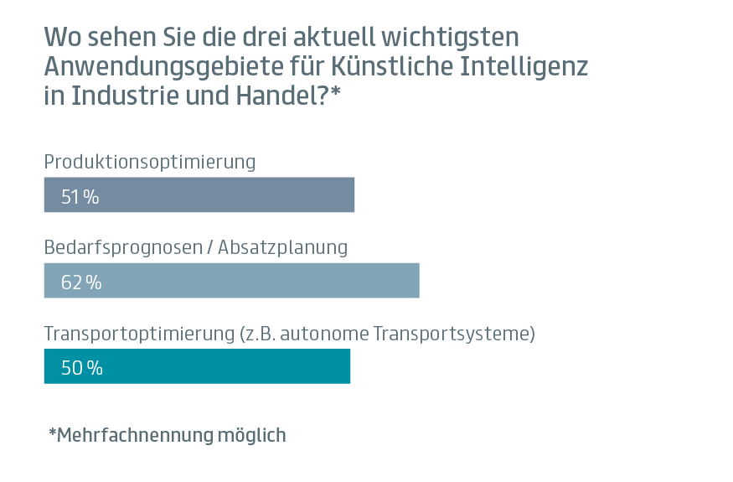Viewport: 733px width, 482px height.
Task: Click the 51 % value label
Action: pos(80,197)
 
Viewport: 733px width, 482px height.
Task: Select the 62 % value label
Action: pos(81,282)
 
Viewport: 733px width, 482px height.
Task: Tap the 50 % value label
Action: pos(81,368)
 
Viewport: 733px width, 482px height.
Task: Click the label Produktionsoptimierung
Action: pos(149,161)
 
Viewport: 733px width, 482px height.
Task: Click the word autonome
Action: pos(323,333)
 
